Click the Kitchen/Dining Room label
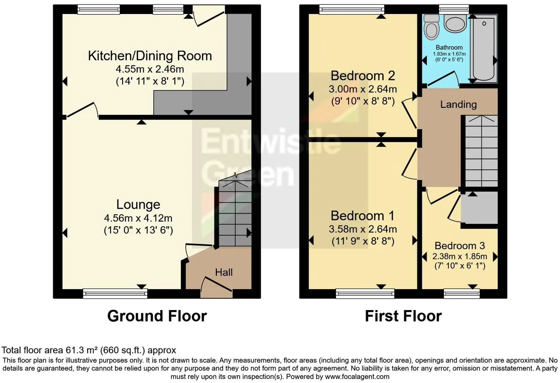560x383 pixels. [150, 56]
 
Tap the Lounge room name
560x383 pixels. [138, 205]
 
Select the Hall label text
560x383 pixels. [224, 272]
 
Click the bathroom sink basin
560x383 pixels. [455, 23]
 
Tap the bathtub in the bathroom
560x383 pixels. [484, 48]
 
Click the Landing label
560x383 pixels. [458, 105]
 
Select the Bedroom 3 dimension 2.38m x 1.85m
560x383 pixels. [460, 257]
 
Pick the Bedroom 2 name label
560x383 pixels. [363, 76]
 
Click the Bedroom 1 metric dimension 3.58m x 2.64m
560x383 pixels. [363, 229]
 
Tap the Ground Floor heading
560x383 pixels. [157, 316]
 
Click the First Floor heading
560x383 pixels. [403, 316]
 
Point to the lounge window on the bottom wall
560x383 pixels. [115, 294]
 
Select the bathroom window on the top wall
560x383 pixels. [454, 10]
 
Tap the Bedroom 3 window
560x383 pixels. [462, 294]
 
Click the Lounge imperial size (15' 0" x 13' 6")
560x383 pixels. [138, 230]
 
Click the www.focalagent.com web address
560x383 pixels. [357, 376]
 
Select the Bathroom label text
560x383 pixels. [449, 48]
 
